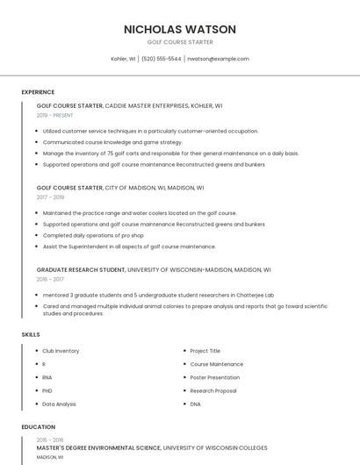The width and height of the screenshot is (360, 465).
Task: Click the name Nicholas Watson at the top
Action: pos(180,29)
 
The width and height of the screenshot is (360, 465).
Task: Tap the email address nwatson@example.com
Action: pos(218,59)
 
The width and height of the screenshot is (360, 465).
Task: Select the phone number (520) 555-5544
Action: pos(161,59)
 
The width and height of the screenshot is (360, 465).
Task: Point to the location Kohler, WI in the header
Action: pos(123,59)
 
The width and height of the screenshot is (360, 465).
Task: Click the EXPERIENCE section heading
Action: pos(38,92)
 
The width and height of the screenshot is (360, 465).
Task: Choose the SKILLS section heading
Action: pos(30,334)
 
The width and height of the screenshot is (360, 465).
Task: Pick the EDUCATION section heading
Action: pos(38,427)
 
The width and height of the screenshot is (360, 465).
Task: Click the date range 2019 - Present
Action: pos(55,115)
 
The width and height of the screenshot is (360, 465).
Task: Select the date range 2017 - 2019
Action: pos(50,197)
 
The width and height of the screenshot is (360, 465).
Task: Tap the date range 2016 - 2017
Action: pos(50,279)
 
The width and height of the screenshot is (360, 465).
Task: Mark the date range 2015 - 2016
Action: pos(50,440)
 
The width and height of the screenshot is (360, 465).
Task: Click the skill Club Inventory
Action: pos(61,351)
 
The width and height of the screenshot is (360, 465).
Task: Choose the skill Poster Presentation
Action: pos(216,377)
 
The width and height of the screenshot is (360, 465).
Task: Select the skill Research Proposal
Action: pos(213,390)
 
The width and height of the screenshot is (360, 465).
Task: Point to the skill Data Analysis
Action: pos(59,404)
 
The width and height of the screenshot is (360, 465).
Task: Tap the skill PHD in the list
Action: pos(47,390)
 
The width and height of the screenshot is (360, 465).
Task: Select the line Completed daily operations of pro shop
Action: pos(94,235)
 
